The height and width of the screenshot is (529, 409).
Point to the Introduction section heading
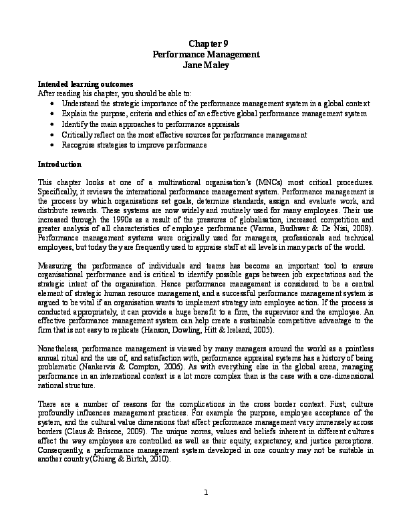[59, 164]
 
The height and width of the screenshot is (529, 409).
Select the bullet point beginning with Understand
[215, 105]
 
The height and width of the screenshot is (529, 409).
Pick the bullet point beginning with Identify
[152, 125]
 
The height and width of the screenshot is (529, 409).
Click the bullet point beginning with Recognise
[134, 145]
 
